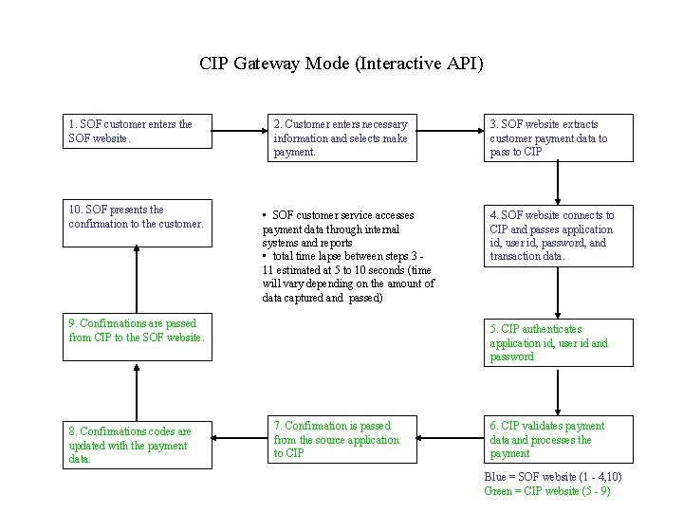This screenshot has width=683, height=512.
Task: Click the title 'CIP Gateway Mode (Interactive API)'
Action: click(341, 64)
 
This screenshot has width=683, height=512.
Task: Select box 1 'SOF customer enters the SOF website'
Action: click(138, 131)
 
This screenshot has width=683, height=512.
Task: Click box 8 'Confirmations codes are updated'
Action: click(138, 445)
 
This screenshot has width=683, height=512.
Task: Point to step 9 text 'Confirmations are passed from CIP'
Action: click(137, 331)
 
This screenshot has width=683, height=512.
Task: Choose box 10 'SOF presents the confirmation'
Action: click(138, 217)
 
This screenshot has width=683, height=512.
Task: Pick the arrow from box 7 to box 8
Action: click(238, 440)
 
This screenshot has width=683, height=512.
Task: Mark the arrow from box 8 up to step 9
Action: click(138, 392)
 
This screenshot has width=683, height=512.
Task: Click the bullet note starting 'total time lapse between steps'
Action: click(347, 277)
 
